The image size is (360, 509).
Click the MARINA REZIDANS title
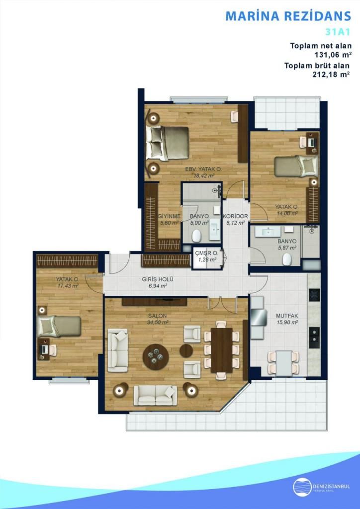point(288,16)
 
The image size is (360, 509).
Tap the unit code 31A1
point(338,32)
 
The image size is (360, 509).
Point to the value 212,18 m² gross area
point(331,74)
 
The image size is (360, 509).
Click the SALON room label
point(158,316)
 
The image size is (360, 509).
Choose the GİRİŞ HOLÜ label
point(158,279)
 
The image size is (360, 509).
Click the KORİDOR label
point(236,216)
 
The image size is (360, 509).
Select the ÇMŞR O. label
point(204,254)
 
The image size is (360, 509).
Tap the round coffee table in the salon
point(156,357)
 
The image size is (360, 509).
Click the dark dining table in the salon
point(221,350)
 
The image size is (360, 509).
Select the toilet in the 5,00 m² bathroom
point(195,236)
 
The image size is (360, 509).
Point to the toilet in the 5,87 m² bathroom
point(286,259)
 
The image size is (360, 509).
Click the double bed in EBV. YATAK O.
point(168,143)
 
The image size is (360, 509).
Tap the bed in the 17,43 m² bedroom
point(59,326)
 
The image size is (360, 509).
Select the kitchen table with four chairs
point(283,362)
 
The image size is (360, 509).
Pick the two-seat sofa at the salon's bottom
point(155,395)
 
